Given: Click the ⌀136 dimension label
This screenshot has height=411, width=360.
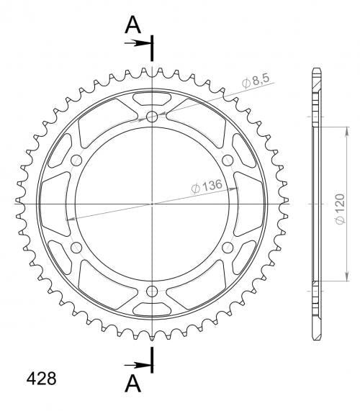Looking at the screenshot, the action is [207, 186].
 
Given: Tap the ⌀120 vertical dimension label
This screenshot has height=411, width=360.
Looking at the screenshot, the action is [340, 209].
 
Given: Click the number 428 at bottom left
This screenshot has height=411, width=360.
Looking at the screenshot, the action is [42, 378].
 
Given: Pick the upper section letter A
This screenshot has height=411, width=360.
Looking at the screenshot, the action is [133, 25].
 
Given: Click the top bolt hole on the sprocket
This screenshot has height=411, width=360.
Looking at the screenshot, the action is [152, 117].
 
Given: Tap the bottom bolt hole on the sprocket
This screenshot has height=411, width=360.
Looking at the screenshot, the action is [152, 291].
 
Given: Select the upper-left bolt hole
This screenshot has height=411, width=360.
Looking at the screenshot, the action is [76, 161].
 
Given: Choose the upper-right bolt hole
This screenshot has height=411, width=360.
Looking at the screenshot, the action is [228, 161].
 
